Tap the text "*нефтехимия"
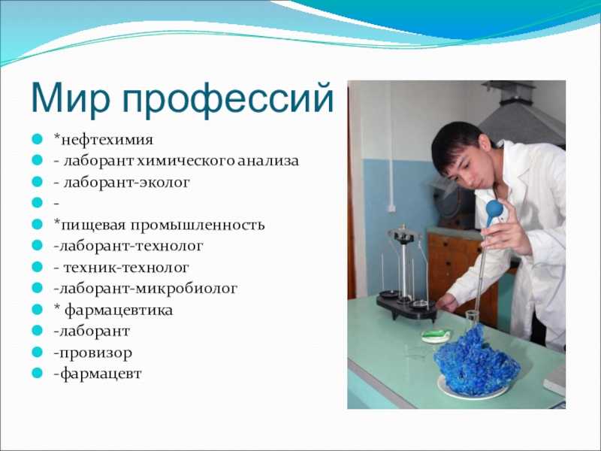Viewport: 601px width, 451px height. pyautogui.click(x=104, y=139)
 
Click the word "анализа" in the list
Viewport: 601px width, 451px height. pyautogui.click(x=268, y=161)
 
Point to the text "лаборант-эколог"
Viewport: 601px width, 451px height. pyautogui.click(x=126, y=182)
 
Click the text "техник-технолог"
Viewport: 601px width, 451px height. pyautogui.click(x=126, y=268)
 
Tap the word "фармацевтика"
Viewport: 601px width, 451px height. pyautogui.click(x=119, y=310)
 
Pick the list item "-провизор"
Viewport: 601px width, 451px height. pyautogui.click(x=92, y=353)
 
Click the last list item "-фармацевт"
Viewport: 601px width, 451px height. pyautogui.click(x=98, y=374)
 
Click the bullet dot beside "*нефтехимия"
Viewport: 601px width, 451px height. pyautogui.click(x=37, y=138)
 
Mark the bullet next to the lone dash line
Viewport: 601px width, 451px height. pyautogui.click(x=37, y=202)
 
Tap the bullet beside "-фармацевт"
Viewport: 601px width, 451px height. pyautogui.click(x=37, y=372)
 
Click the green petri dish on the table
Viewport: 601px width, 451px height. pyautogui.click(x=436, y=335)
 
